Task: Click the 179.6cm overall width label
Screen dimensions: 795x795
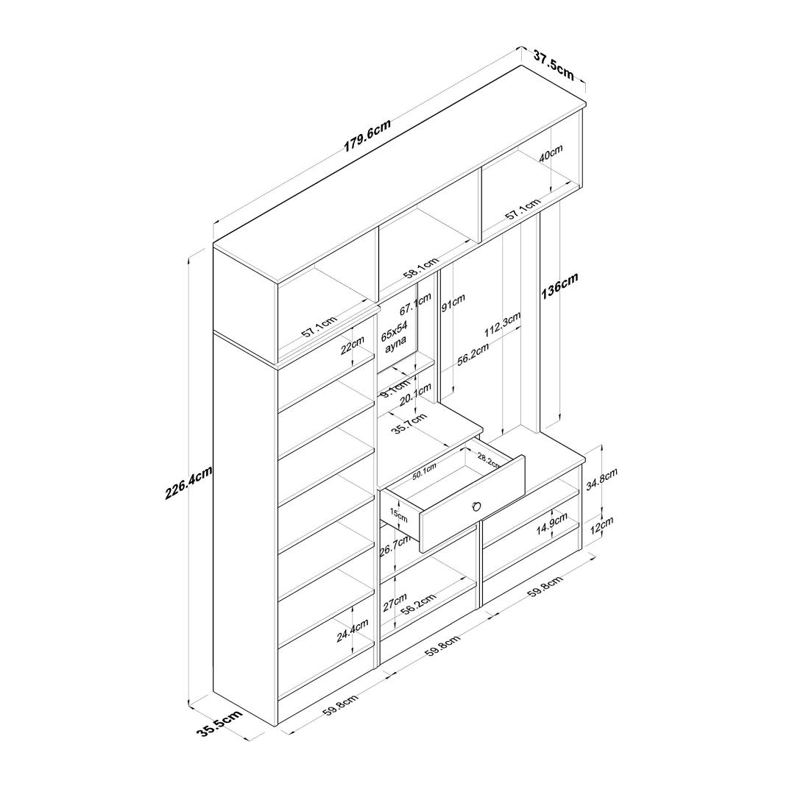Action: (367, 135)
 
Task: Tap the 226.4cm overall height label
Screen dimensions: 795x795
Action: (188, 483)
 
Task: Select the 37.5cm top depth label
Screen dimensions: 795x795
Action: (553, 64)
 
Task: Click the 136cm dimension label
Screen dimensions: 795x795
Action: (559, 286)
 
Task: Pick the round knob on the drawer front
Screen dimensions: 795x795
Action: (476, 506)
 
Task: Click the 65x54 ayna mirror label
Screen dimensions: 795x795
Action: (394, 336)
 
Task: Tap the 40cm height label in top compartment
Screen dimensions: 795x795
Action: (551, 152)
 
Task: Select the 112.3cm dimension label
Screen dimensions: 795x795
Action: (502, 325)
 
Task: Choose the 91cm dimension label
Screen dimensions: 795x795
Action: (453, 303)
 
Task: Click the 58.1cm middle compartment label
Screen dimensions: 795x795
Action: (421, 268)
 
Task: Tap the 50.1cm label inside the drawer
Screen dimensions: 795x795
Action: (424, 472)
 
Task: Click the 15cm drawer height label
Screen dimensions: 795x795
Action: (398, 515)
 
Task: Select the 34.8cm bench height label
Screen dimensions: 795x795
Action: (601, 479)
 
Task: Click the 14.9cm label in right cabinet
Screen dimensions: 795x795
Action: (552, 523)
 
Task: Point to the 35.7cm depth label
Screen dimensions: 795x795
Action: (409, 424)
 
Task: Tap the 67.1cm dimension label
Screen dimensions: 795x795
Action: (415, 304)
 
